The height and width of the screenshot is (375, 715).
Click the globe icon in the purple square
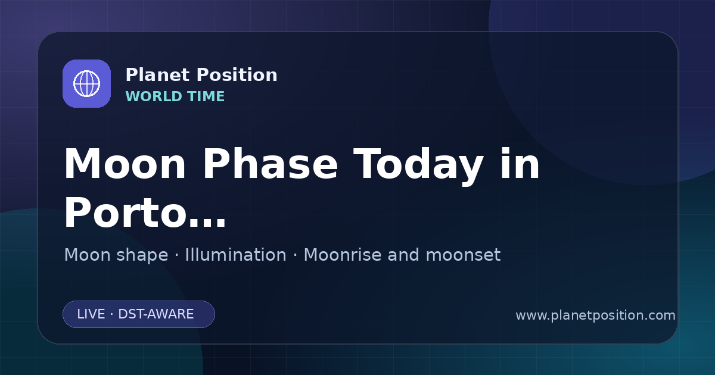pyautogui.click(x=86, y=83)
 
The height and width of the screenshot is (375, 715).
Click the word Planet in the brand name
pyautogui.click(x=158, y=75)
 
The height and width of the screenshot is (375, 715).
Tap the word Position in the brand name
pyautogui.click(x=237, y=75)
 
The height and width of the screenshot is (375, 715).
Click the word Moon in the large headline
pyautogui.click(x=125, y=164)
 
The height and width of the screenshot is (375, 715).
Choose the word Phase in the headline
pyautogui.click(x=270, y=164)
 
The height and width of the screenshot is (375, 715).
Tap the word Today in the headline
pyautogui.click(x=418, y=166)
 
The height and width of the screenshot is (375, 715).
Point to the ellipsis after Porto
pyautogui.click(x=207, y=221)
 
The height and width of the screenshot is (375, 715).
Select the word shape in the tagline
pyautogui.click(x=142, y=256)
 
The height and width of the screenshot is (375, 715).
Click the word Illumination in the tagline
pyautogui.click(x=235, y=255)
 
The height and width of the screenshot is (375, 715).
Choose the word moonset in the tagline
pyautogui.click(x=463, y=255)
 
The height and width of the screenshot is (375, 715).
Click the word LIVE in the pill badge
pyautogui.click(x=91, y=314)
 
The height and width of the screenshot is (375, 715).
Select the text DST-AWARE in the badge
pyautogui.click(x=156, y=314)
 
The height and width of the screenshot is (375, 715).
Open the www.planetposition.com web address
pyautogui.click(x=595, y=315)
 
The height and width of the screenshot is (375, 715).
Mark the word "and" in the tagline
pyautogui.click(x=403, y=255)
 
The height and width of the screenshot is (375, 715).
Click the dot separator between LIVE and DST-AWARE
pyautogui.click(x=111, y=314)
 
